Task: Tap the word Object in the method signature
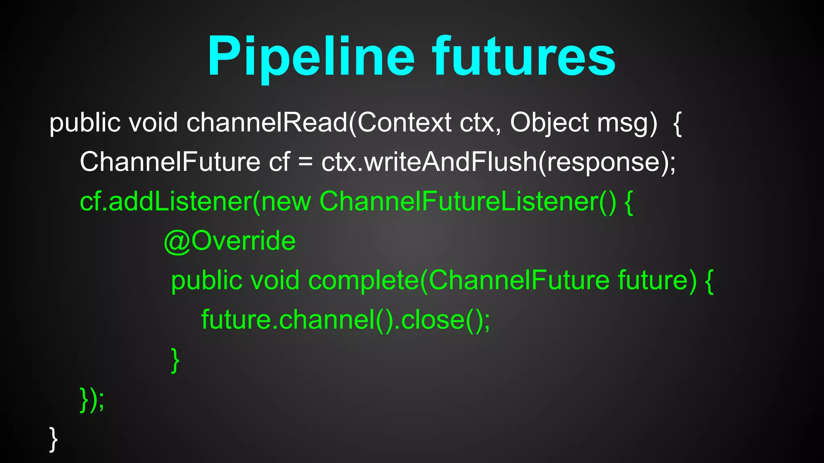click(x=550, y=123)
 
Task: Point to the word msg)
click(x=627, y=123)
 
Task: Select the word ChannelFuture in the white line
click(x=170, y=162)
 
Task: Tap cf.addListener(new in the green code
click(x=196, y=201)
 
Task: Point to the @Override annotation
click(x=230, y=241)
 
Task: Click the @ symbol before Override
click(x=177, y=242)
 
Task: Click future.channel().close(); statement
click(x=346, y=320)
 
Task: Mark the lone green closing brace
click(x=175, y=360)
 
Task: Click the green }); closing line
click(x=92, y=399)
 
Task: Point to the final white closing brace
click(x=54, y=439)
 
